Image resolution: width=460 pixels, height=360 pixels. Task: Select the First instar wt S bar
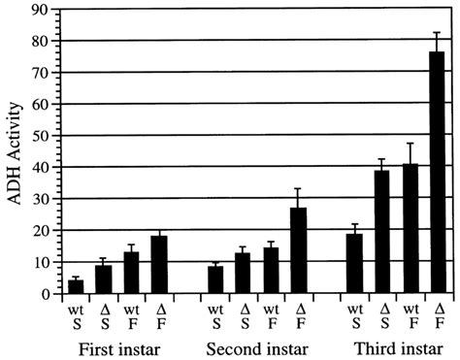[76, 286]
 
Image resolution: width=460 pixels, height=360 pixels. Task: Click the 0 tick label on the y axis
[46, 293]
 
